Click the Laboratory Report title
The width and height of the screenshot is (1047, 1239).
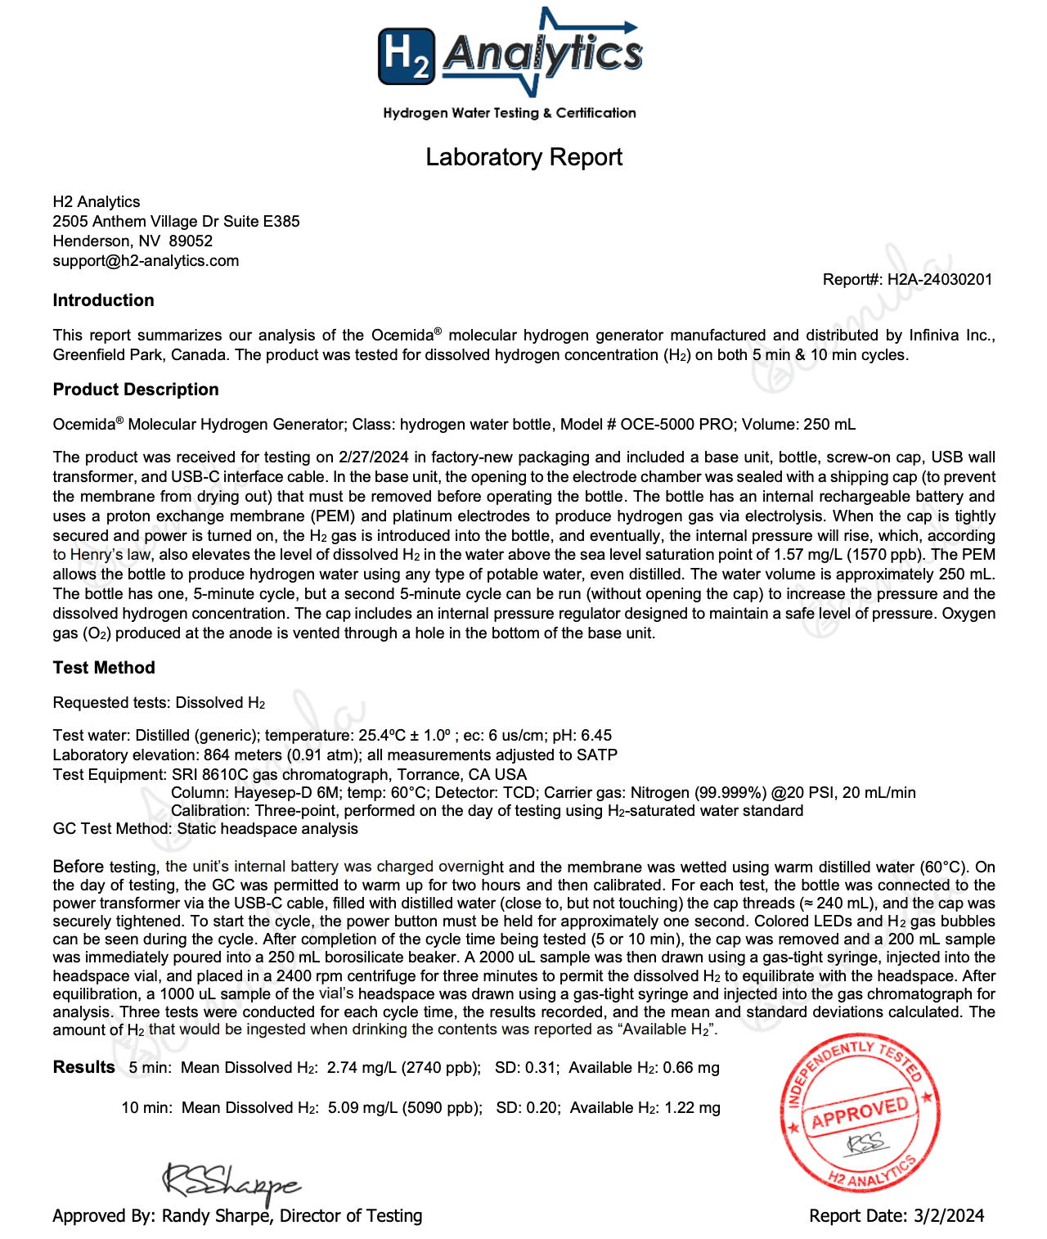click(x=523, y=157)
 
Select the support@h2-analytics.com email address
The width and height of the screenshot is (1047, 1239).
click(x=146, y=261)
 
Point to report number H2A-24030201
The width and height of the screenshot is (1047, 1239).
click(x=939, y=280)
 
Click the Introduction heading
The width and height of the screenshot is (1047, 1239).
click(x=103, y=300)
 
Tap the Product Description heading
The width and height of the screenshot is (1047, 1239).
click(x=136, y=390)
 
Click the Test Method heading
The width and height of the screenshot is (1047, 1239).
click(x=104, y=668)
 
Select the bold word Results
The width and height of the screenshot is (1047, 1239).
click(x=83, y=1067)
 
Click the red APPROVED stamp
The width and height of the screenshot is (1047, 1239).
click(x=859, y=1111)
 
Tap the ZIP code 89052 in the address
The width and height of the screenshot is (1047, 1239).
click(x=191, y=241)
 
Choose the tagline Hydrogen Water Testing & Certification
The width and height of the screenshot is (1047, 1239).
click(x=509, y=113)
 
